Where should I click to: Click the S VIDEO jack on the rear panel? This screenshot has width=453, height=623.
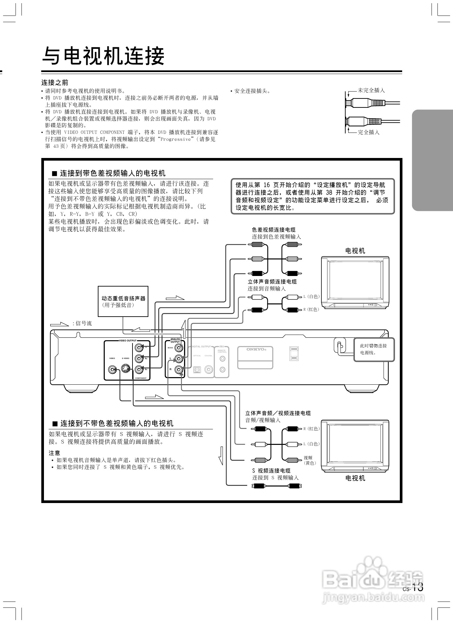tap(125, 369)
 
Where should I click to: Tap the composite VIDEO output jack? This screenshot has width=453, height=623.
tap(113, 370)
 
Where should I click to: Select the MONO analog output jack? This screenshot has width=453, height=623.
tap(179, 348)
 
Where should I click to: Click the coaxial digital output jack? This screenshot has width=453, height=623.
tap(209, 370)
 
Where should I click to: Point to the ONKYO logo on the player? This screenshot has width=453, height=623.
tap(255, 349)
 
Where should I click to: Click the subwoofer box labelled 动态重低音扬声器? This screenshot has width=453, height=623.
tap(123, 301)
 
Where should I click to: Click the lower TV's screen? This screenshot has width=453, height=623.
tap(355, 443)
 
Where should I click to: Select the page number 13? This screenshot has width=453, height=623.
tap(417, 587)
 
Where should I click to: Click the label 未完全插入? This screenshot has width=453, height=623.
tap(371, 90)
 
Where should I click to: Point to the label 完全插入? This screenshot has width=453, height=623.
tap(369, 132)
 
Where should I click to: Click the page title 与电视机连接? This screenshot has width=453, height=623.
tap(103, 56)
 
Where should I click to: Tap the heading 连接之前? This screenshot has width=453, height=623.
tap(55, 82)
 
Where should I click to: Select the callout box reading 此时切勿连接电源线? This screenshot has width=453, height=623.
tap(374, 349)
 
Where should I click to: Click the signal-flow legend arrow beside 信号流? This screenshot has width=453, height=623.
tap(59, 324)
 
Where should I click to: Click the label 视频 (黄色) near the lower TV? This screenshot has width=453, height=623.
tap(310, 460)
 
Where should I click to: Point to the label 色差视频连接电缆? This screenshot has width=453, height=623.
tap(274, 230)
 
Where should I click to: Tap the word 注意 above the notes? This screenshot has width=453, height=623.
tap(55, 453)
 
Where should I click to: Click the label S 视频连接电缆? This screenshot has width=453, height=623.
tap(271, 471)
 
